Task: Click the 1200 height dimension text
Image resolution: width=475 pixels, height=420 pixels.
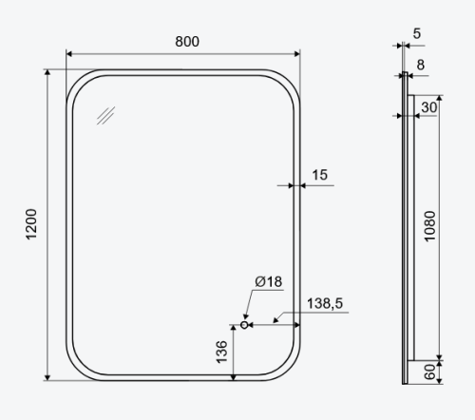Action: click(x=31, y=225)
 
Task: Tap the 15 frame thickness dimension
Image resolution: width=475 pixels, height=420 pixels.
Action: click(x=319, y=174)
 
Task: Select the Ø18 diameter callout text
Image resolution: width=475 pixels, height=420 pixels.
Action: click(x=268, y=282)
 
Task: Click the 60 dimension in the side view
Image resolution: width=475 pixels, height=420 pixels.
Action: click(x=429, y=372)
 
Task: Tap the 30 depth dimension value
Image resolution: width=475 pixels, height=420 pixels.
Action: click(x=428, y=107)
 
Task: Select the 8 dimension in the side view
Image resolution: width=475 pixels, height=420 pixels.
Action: click(x=422, y=66)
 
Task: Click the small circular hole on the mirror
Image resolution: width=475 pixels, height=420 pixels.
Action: click(x=245, y=324)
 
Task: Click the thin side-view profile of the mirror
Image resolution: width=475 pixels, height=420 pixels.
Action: click(x=405, y=228)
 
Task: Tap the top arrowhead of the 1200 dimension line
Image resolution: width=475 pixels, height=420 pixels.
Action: click(x=47, y=72)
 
